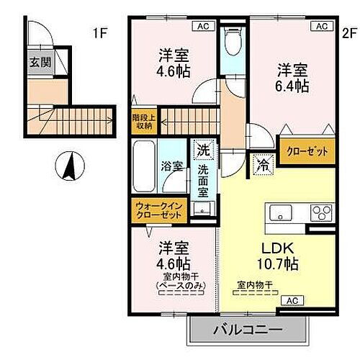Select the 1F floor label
[x=100, y=32]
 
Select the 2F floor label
[x=349, y=32]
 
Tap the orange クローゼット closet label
[x=307, y=152]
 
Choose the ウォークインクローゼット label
[x=160, y=212]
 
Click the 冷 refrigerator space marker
[x=262, y=164]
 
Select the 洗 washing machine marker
[x=203, y=151]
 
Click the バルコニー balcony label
[x=247, y=330]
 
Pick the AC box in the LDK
[x=292, y=300]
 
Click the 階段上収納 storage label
[x=143, y=120]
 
